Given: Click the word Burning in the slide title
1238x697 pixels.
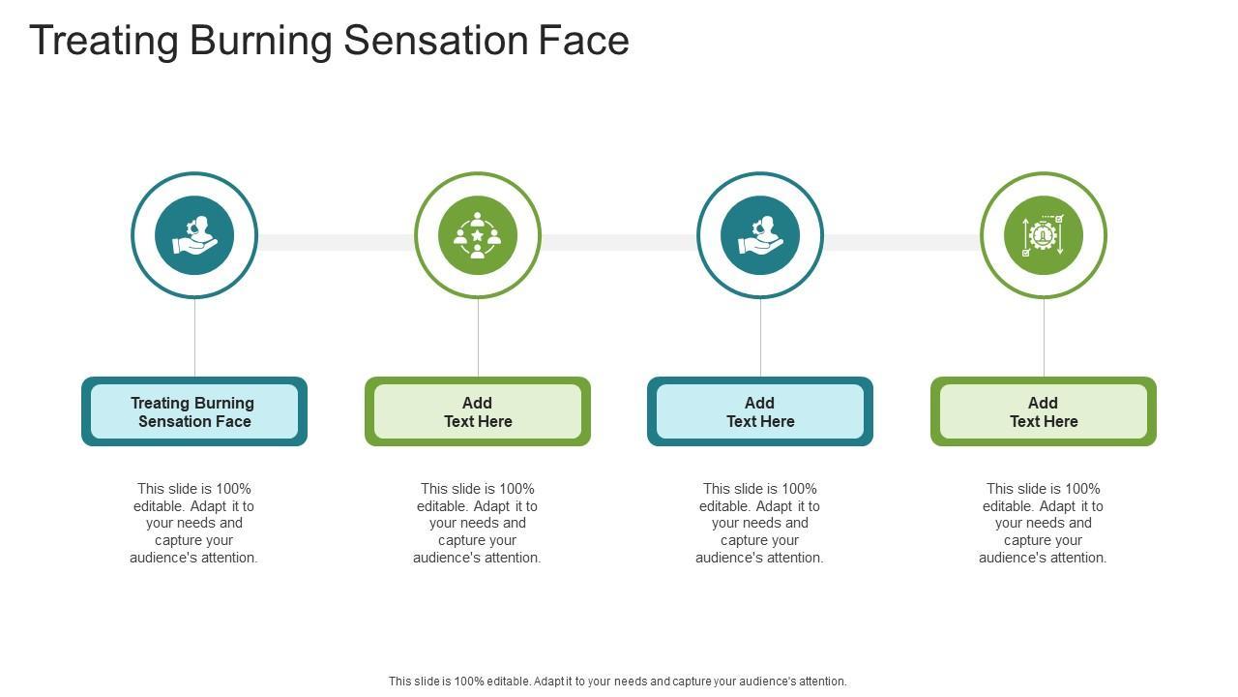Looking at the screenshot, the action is (260, 42).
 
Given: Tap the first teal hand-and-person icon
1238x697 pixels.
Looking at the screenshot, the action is (194, 235).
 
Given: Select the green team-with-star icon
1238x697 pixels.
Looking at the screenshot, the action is (478, 235).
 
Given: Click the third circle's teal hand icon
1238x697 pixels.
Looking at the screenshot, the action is (760, 235).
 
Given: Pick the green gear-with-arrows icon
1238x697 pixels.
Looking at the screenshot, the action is (1043, 235).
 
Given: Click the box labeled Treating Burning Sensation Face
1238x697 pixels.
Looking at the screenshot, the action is (194, 411).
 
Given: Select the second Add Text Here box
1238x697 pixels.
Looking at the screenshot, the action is (478, 411).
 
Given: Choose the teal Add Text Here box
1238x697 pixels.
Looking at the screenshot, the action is (760, 411).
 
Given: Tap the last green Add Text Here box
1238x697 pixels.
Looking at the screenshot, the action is (1043, 411).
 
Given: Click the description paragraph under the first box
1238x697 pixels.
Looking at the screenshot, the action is (194, 523).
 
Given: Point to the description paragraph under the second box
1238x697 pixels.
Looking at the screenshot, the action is (478, 523).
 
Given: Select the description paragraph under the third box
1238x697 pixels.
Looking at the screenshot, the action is (760, 523).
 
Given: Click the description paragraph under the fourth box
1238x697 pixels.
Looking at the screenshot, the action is (1043, 523).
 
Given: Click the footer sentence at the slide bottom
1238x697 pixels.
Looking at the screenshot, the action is (617, 682).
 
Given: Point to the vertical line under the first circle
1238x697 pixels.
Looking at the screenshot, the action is (194, 337).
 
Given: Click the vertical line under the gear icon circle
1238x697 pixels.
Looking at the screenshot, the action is (1044, 337).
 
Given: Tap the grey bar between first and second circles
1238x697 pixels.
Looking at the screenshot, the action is (336, 242).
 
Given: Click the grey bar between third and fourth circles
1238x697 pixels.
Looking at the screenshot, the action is (901, 242).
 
